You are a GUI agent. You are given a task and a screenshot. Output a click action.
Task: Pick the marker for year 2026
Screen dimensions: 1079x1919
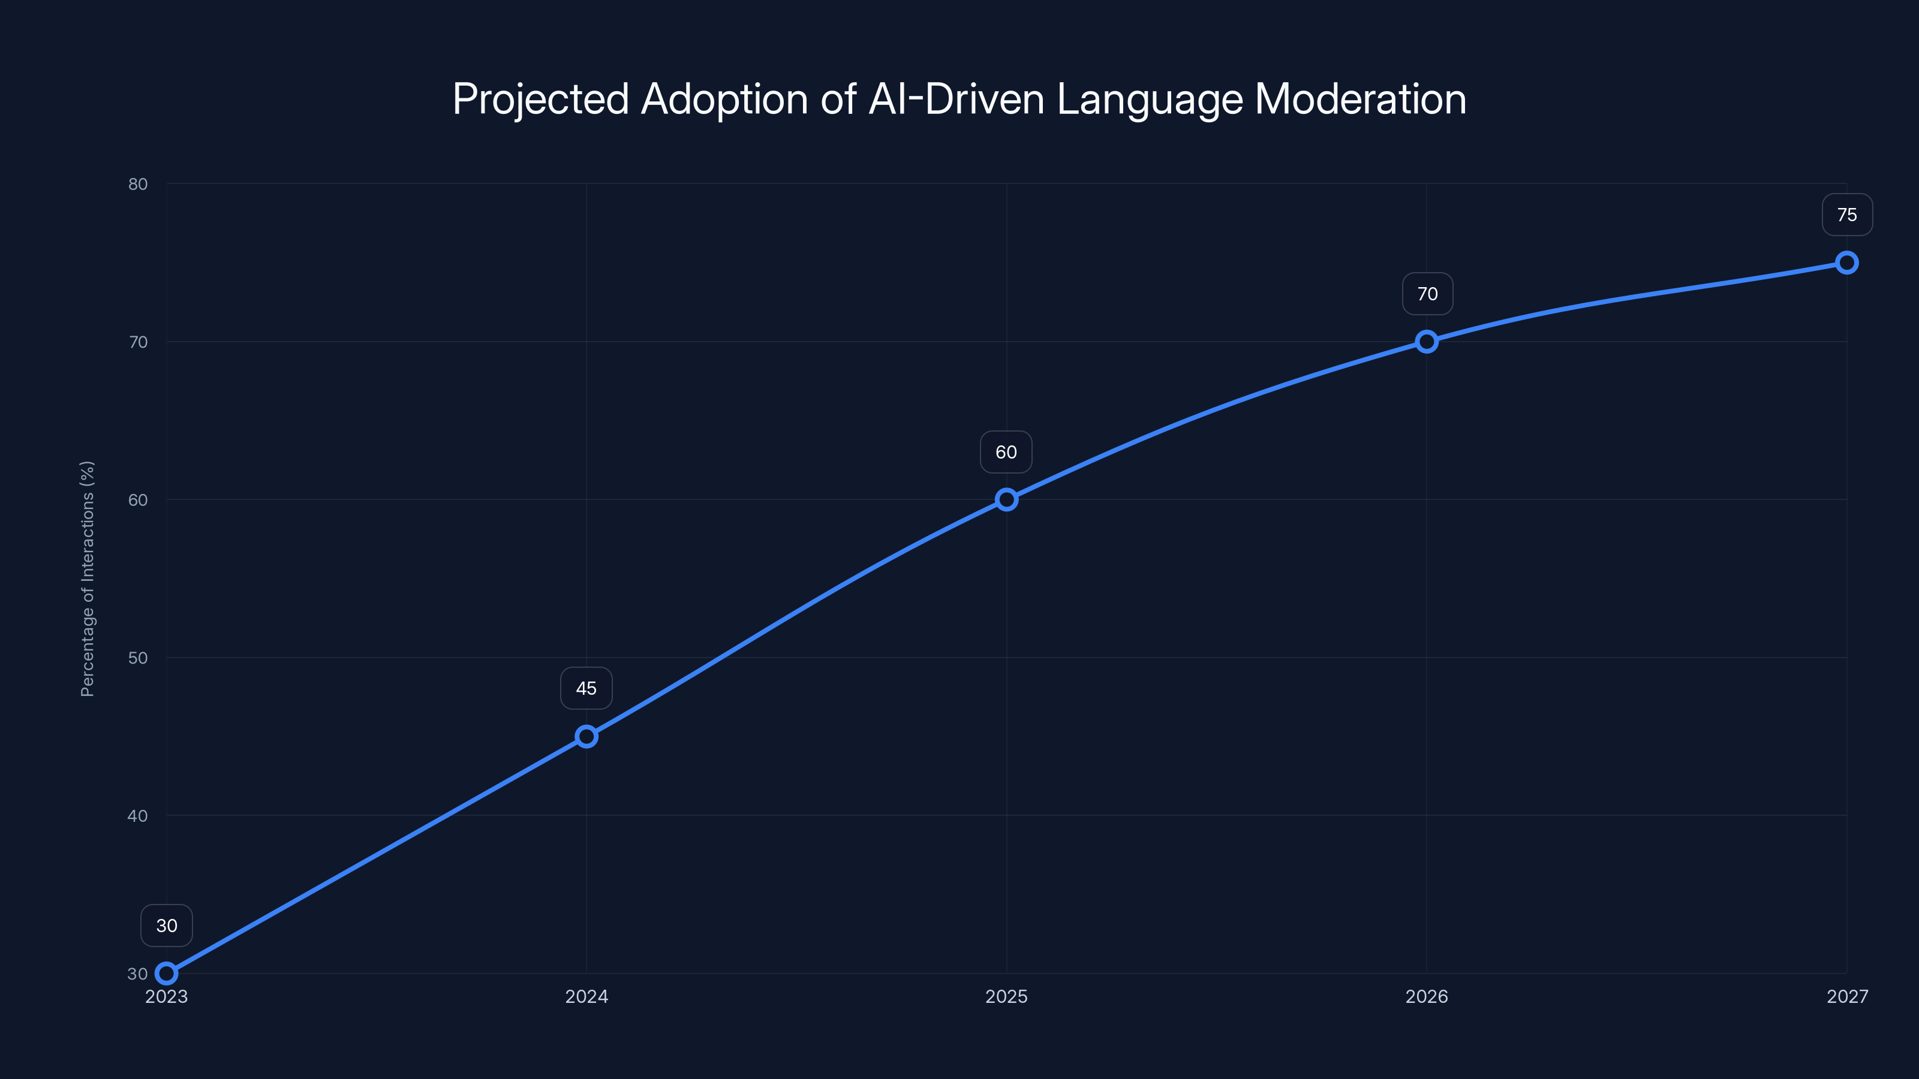(1427, 341)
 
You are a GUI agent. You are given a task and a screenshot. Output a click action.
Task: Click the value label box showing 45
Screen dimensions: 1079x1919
(586, 688)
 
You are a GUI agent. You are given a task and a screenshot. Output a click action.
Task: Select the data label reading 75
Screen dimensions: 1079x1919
(1847, 215)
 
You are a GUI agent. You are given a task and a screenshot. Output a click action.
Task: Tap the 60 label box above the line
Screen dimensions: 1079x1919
(1006, 452)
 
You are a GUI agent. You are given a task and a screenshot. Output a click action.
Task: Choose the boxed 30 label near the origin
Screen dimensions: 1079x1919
(166, 926)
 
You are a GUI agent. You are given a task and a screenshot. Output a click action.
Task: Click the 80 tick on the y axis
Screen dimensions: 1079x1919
(138, 184)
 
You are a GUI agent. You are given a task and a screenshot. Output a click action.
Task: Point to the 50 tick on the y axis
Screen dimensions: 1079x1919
(138, 658)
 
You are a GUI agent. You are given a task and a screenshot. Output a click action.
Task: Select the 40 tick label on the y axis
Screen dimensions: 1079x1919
(138, 815)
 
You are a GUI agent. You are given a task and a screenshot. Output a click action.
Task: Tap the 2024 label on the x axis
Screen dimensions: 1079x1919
(586, 996)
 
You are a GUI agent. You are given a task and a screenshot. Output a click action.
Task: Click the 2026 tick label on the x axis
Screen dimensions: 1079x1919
(1427, 996)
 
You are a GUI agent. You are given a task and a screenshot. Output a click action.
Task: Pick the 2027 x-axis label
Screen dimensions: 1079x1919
(1847, 996)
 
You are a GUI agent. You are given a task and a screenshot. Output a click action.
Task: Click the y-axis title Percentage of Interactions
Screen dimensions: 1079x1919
(87, 578)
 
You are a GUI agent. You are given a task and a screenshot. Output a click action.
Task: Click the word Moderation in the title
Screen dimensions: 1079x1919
(1360, 99)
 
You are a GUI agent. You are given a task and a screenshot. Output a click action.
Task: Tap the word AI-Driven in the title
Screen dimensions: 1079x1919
(957, 99)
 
